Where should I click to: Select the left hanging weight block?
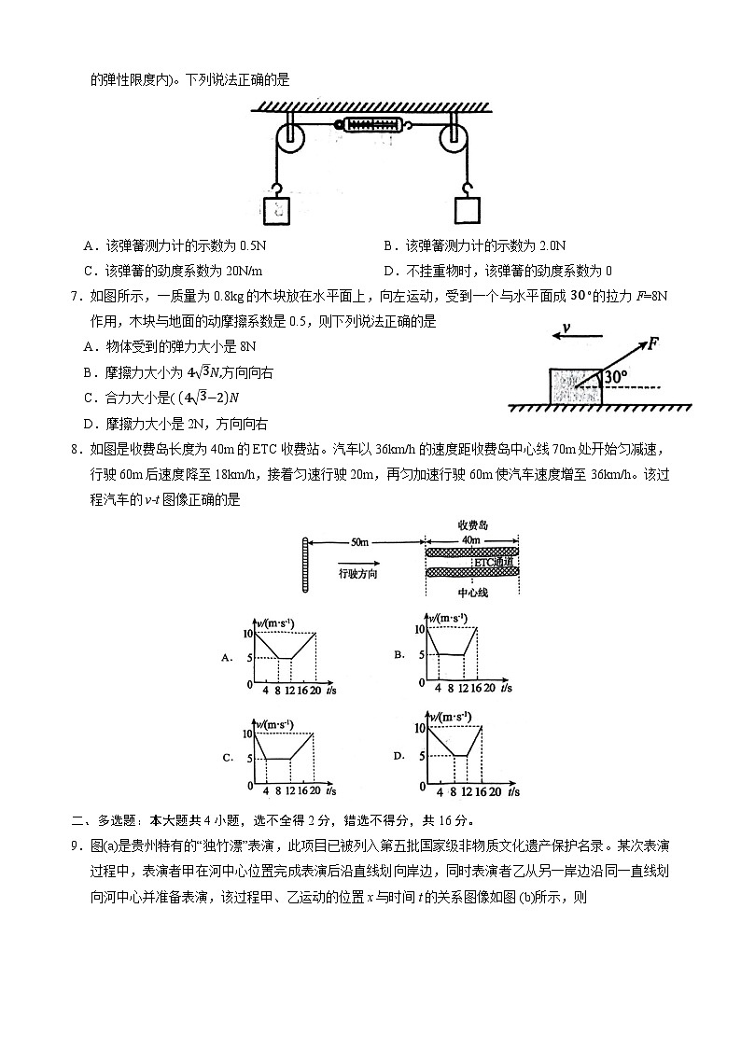pos(278,209)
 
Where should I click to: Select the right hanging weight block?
pos(468,209)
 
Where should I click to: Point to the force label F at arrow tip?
pos(653,342)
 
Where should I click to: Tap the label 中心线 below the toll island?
pos(473,592)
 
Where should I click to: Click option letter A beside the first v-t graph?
pos(227,658)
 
